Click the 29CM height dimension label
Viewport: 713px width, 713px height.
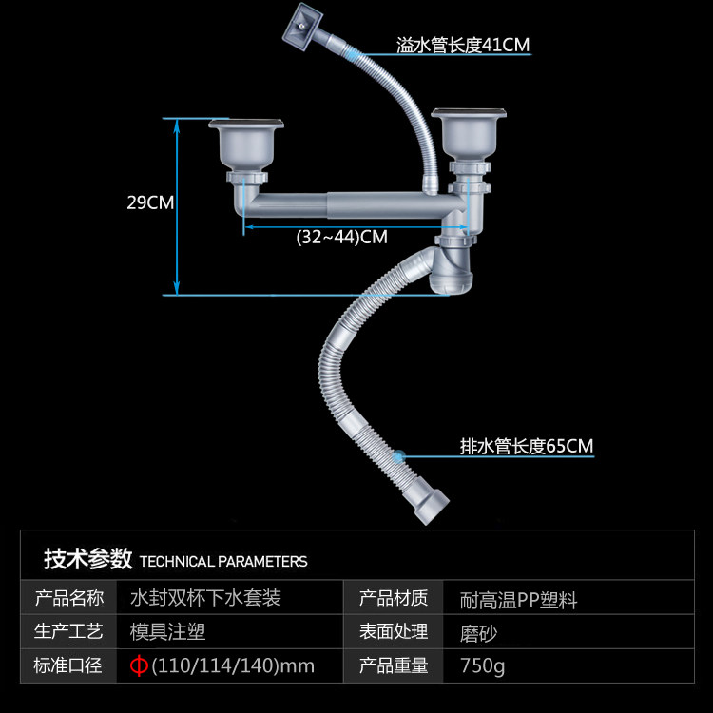click(x=150, y=202)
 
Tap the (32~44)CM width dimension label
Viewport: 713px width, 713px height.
click(x=342, y=238)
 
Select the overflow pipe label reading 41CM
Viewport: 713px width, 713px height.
click(x=463, y=45)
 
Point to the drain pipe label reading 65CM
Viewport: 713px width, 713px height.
click(x=527, y=446)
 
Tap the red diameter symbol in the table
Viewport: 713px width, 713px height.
click(x=139, y=665)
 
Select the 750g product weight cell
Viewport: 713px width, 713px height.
click(x=483, y=665)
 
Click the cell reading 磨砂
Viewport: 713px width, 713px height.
click(x=479, y=632)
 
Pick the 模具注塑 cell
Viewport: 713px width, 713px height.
click(x=168, y=632)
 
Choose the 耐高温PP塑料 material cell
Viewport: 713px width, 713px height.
click(x=518, y=600)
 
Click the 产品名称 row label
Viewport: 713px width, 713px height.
click(x=69, y=599)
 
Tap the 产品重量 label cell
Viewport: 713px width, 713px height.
click(x=394, y=665)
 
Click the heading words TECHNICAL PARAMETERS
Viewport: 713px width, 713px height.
click(x=223, y=561)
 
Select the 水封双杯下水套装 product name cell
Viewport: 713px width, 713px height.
click(x=205, y=599)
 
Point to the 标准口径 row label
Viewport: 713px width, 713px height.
click(x=69, y=665)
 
